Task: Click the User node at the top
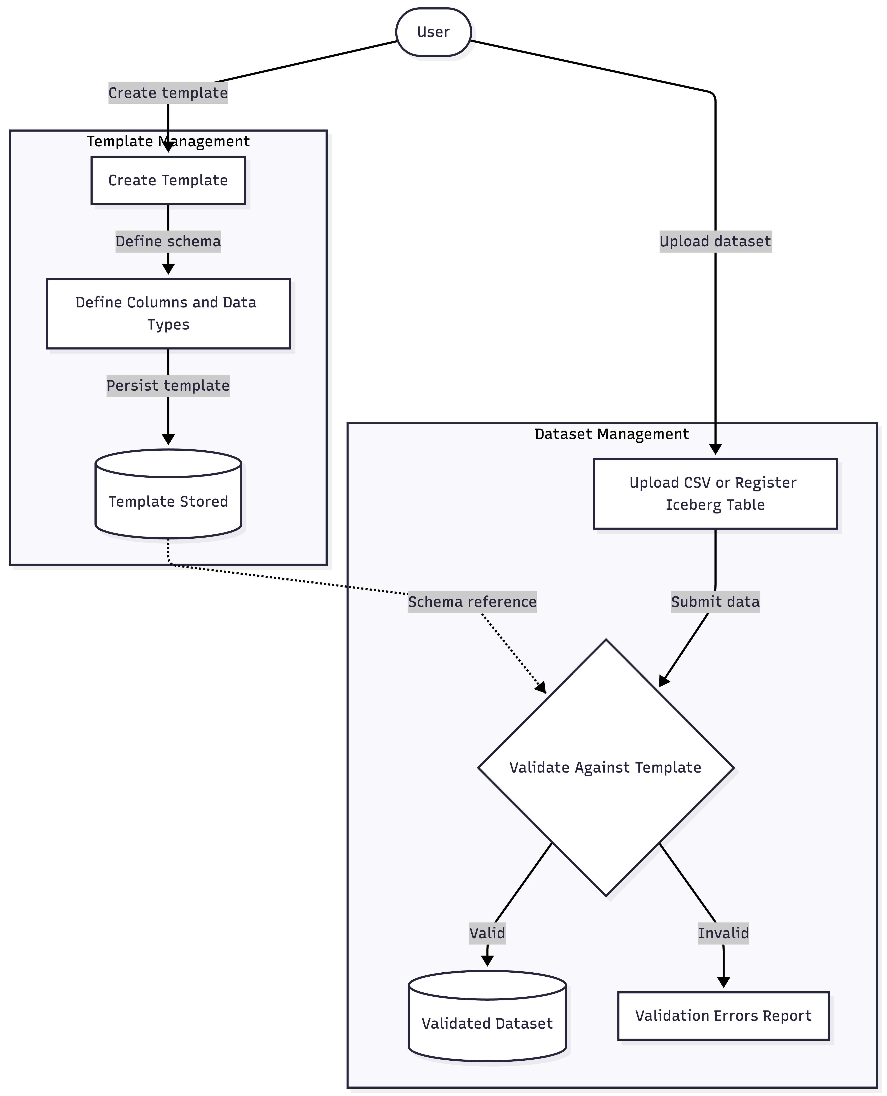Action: [433, 32]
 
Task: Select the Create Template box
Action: [168, 180]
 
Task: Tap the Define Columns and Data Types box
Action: [168, 313]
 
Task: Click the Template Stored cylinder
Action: [168, 501]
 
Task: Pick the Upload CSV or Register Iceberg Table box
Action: [715, 493]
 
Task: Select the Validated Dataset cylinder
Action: [487, 1022]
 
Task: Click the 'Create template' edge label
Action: [168, 93]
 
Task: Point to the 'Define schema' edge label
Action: [168, 241]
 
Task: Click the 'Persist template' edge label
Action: [168, 385]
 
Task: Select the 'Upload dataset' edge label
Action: [715, 241]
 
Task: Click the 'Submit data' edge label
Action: [715, 602]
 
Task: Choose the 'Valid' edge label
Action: [487, 933]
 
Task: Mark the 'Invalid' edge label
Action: [723, 933]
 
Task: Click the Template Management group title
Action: [168, 141]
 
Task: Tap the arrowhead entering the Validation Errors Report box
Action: [723, 981]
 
